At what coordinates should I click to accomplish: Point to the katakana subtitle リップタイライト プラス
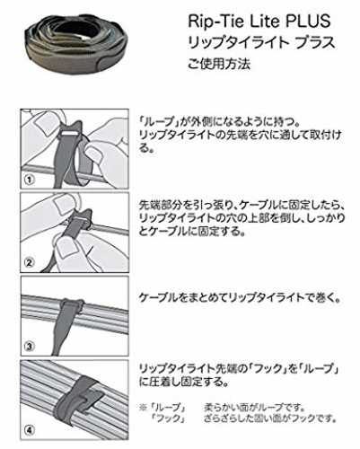click(261, 42)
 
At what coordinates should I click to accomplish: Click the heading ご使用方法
click(219, 63)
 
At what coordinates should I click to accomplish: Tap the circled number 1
click(30, 180)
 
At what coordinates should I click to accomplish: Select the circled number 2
click(29, 262)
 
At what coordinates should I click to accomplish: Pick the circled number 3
click(29, 347)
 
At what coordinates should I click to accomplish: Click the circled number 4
click(29, 430)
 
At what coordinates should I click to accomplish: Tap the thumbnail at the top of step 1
click(44, 120)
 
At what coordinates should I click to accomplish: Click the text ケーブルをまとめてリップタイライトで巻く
click(240, 298)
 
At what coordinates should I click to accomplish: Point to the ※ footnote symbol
click(143, 408)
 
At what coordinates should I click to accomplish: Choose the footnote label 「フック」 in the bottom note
click(168, 418)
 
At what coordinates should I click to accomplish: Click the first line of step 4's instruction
click(239, 368)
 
